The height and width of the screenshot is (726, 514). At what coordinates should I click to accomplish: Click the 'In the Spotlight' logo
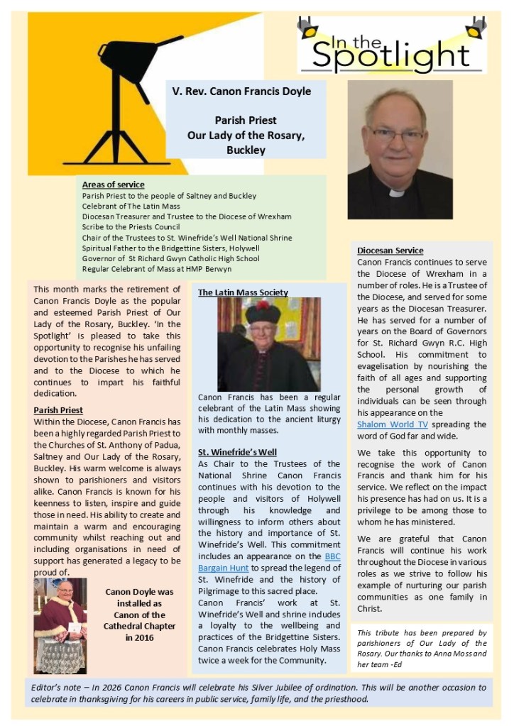click(x=392, y=45)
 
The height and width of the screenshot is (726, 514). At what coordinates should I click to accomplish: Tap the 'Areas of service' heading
click(x=113, y=185)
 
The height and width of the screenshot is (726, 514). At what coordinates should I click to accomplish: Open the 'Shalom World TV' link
click(x=393, y=424)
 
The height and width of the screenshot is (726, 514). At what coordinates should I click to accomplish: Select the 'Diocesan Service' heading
click(x=390, y=251)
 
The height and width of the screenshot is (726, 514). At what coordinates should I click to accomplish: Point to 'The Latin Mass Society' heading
click(x=243, y=292)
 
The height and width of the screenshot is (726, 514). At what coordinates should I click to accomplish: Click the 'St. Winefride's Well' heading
click(x=237, y=452)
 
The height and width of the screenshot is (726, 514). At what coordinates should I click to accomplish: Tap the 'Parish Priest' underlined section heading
click(x=58, y=410)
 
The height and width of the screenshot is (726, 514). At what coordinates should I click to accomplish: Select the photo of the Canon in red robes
click(x=60, y=625)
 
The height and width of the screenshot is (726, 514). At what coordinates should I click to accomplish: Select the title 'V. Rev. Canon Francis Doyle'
click(x=241, y=92)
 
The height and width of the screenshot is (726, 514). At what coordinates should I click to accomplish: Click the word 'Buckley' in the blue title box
click(x=246, y=150)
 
